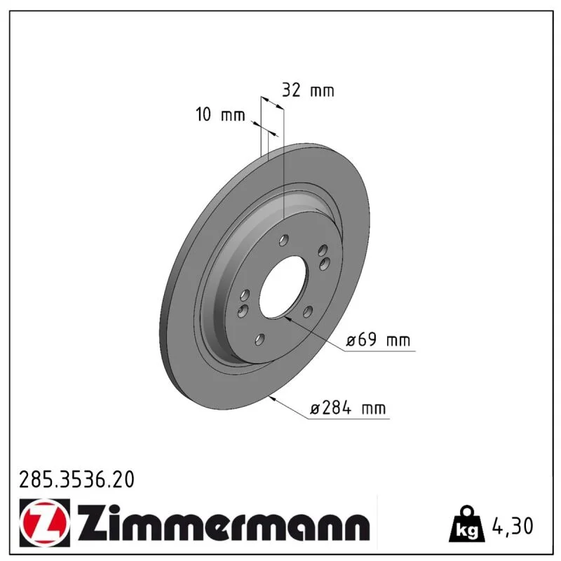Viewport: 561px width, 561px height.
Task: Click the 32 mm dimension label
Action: coord(308,90)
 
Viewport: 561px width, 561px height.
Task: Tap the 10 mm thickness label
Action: coord(220,115)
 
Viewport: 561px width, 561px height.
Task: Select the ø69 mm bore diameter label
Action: coord(378,339)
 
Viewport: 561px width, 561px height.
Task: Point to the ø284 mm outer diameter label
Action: coord(348,408)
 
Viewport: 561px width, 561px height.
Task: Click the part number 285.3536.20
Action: coord(76,479)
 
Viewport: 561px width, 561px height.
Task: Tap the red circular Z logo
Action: coord(44,522)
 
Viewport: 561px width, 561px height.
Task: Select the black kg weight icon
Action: coord(467,524)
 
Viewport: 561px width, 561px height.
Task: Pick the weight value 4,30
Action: coord(513,526)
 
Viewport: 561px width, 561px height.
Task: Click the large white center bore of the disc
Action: coord(283,287)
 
